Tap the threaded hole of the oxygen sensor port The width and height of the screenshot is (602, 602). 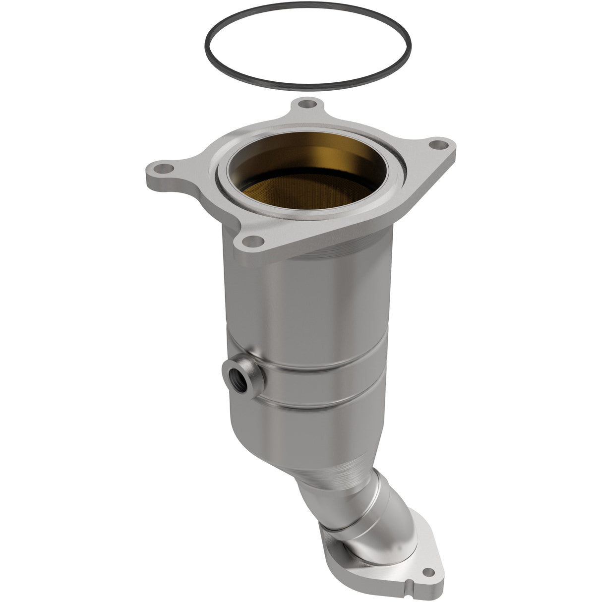click(x=234, y=370)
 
